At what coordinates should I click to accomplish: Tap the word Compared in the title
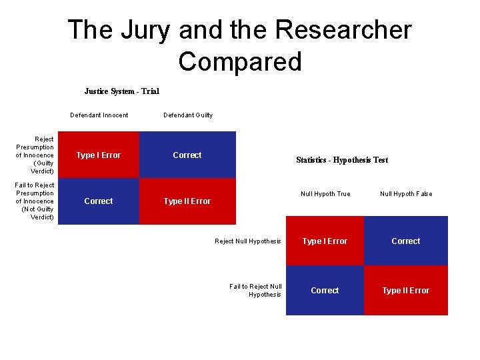pos(240,61)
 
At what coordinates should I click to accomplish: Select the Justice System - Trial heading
pos(121,91)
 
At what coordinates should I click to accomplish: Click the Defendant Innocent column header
pos(99,115)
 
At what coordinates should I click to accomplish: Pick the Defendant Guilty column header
pos(188,115)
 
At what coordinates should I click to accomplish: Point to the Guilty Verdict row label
pos(35,155)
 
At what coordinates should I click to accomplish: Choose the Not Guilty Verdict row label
pos(35,201)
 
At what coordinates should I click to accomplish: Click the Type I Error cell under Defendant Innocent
pos(99,155)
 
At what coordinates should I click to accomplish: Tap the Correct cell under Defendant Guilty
pos(187,155)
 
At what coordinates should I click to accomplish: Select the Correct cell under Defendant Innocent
pos(99,201)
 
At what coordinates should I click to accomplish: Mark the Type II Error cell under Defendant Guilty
pos(187,201)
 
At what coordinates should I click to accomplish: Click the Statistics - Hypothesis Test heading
pos(342,160)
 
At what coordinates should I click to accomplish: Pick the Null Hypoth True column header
pos(325,194)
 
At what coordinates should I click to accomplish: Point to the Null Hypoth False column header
pos(406,194)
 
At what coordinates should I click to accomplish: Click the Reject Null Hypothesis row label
pos(248,241)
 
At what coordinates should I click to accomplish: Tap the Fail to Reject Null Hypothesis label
pos(256,291)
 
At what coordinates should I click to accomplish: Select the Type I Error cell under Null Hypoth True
pos(325,241)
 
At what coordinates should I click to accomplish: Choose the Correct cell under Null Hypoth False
pos(406,241)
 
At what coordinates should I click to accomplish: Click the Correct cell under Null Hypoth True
pos(325,291)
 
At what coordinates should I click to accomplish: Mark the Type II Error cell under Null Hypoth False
pos(406,291)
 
